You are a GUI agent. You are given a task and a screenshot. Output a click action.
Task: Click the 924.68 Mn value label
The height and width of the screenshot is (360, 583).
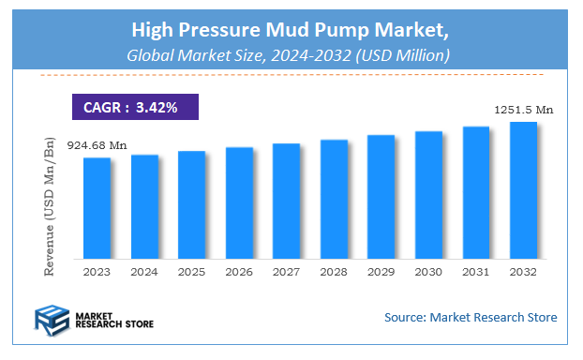pos(97,145)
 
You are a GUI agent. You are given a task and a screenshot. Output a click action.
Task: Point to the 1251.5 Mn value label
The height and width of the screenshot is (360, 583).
pos(523,110)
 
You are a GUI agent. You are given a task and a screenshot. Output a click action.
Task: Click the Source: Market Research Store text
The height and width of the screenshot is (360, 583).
pos(471,318)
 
